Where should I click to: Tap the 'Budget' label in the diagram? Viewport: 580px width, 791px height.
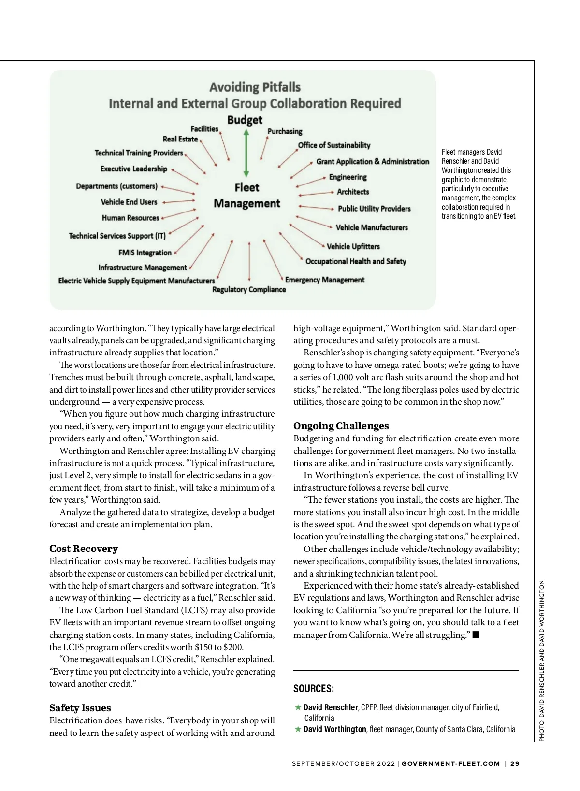pos(245,120)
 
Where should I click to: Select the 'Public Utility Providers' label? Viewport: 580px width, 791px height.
pos(374,209)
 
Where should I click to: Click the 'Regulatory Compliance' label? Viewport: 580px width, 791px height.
pos(249,289)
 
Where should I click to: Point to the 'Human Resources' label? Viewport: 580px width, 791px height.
pos(130,218)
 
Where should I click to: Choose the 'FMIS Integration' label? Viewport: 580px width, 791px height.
pos(145,253)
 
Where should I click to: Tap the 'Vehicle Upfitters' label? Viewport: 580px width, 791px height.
pos(353,246)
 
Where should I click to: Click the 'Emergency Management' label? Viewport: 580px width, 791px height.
pos(324,280)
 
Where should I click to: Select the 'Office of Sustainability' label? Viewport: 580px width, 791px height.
pos(334,145)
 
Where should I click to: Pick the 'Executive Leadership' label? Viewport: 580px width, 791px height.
pos(133,169)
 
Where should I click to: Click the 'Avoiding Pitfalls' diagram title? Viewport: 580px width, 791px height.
pos(255,87)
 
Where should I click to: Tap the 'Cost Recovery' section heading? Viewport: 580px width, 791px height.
pos(84,549)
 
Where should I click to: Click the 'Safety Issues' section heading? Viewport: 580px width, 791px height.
pos(80,708)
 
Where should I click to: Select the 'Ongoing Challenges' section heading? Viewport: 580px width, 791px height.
pos(341,426)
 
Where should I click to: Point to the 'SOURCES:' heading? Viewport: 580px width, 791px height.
pos(314,689)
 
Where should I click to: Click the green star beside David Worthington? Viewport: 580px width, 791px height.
pos(298,729)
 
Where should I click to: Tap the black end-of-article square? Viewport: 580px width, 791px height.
pos(476,635)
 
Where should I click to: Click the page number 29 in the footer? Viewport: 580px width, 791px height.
pos(515,763)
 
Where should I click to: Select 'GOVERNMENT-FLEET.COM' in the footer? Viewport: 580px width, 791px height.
pos(450,763)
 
